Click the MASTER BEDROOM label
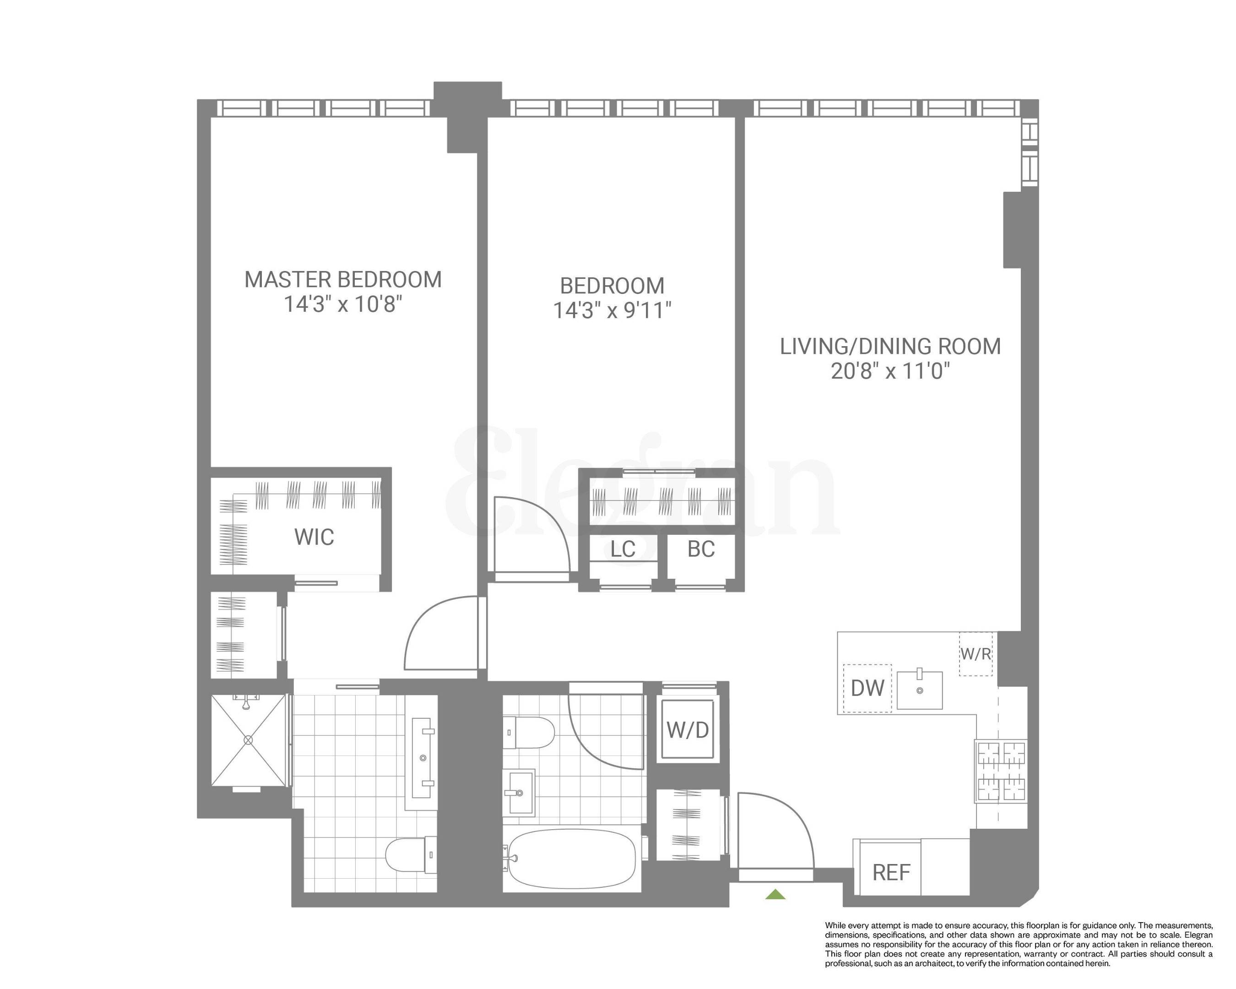343,280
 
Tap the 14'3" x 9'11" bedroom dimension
612,311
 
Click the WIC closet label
314,537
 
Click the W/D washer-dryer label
688,730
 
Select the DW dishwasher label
867,688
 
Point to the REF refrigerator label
891,872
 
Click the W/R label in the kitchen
976,653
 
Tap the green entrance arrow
775,894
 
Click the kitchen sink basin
920,690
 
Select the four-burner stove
1001,771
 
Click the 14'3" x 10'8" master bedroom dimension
343,304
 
